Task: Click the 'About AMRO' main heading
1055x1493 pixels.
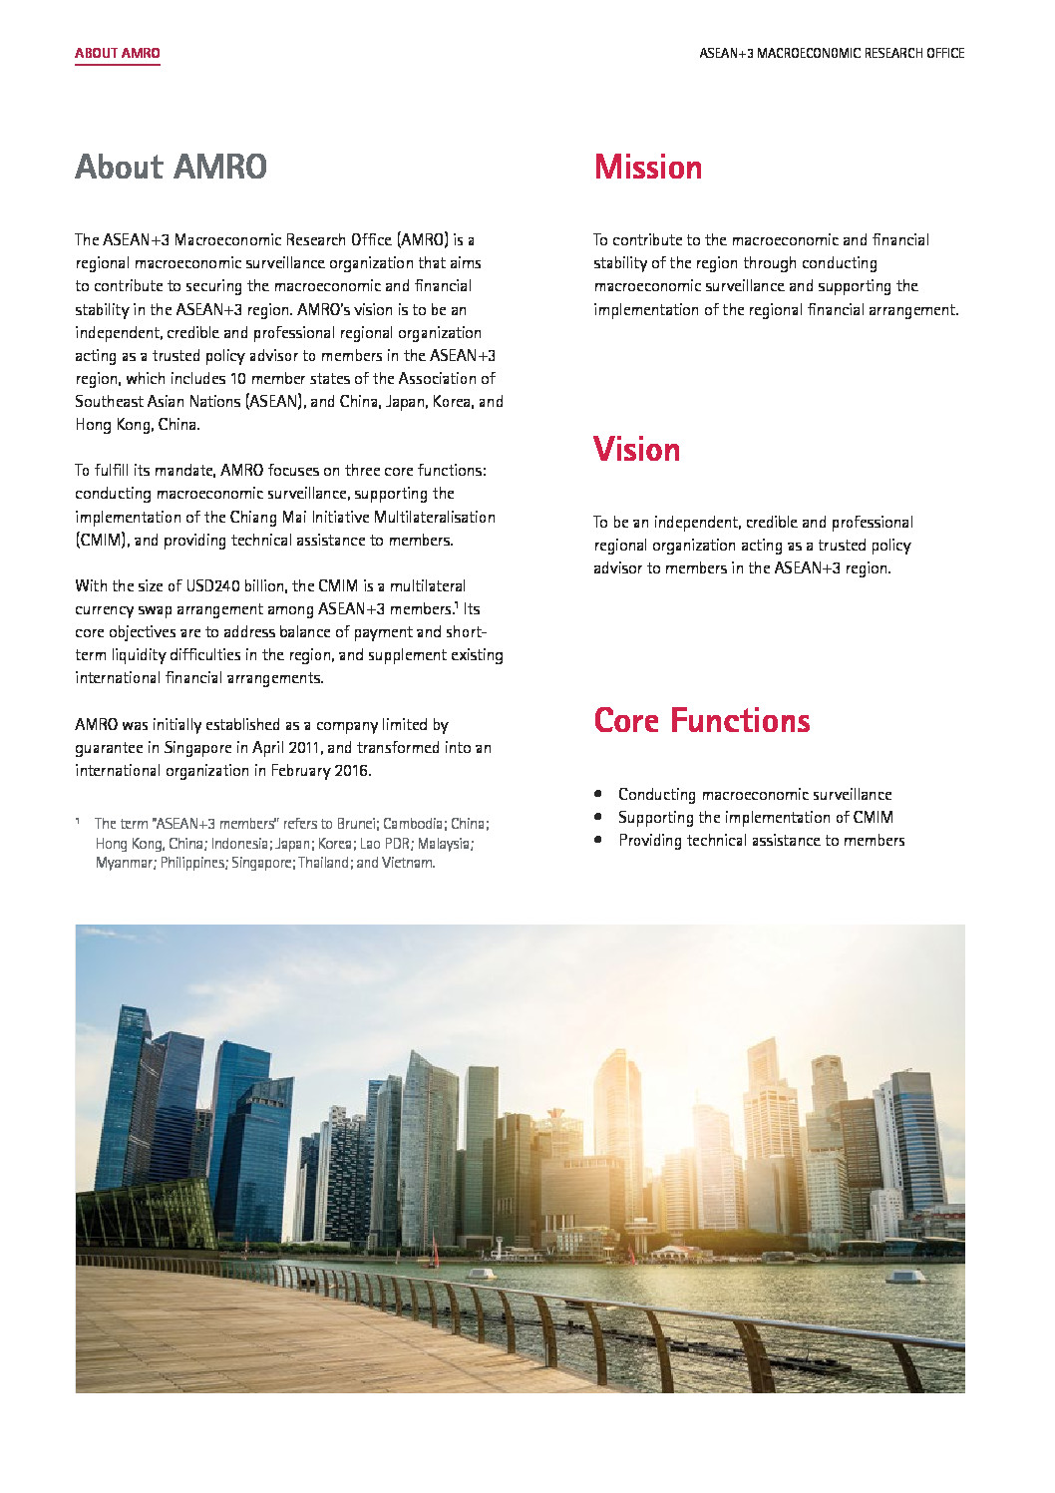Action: click(171, 167)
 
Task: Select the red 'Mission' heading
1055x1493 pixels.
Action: click(648, 168)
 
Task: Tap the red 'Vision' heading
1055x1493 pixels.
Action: click(636, 450)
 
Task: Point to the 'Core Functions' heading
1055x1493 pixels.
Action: click(701, 721)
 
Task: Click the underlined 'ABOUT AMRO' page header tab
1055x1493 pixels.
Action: click(118, 53)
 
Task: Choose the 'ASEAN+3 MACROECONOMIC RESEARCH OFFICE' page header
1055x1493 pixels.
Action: click(832, 53)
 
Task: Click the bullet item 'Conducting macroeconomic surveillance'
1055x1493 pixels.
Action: click(754, 795)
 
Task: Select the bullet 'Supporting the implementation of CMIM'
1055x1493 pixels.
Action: click(755, 818)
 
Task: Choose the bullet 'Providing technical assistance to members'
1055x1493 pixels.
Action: click(761, 841)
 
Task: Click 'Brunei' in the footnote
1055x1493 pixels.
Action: click(357, 824)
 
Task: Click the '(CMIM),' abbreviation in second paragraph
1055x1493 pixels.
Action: click(103, 541)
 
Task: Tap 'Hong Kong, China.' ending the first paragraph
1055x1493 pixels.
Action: click(138, 425)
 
